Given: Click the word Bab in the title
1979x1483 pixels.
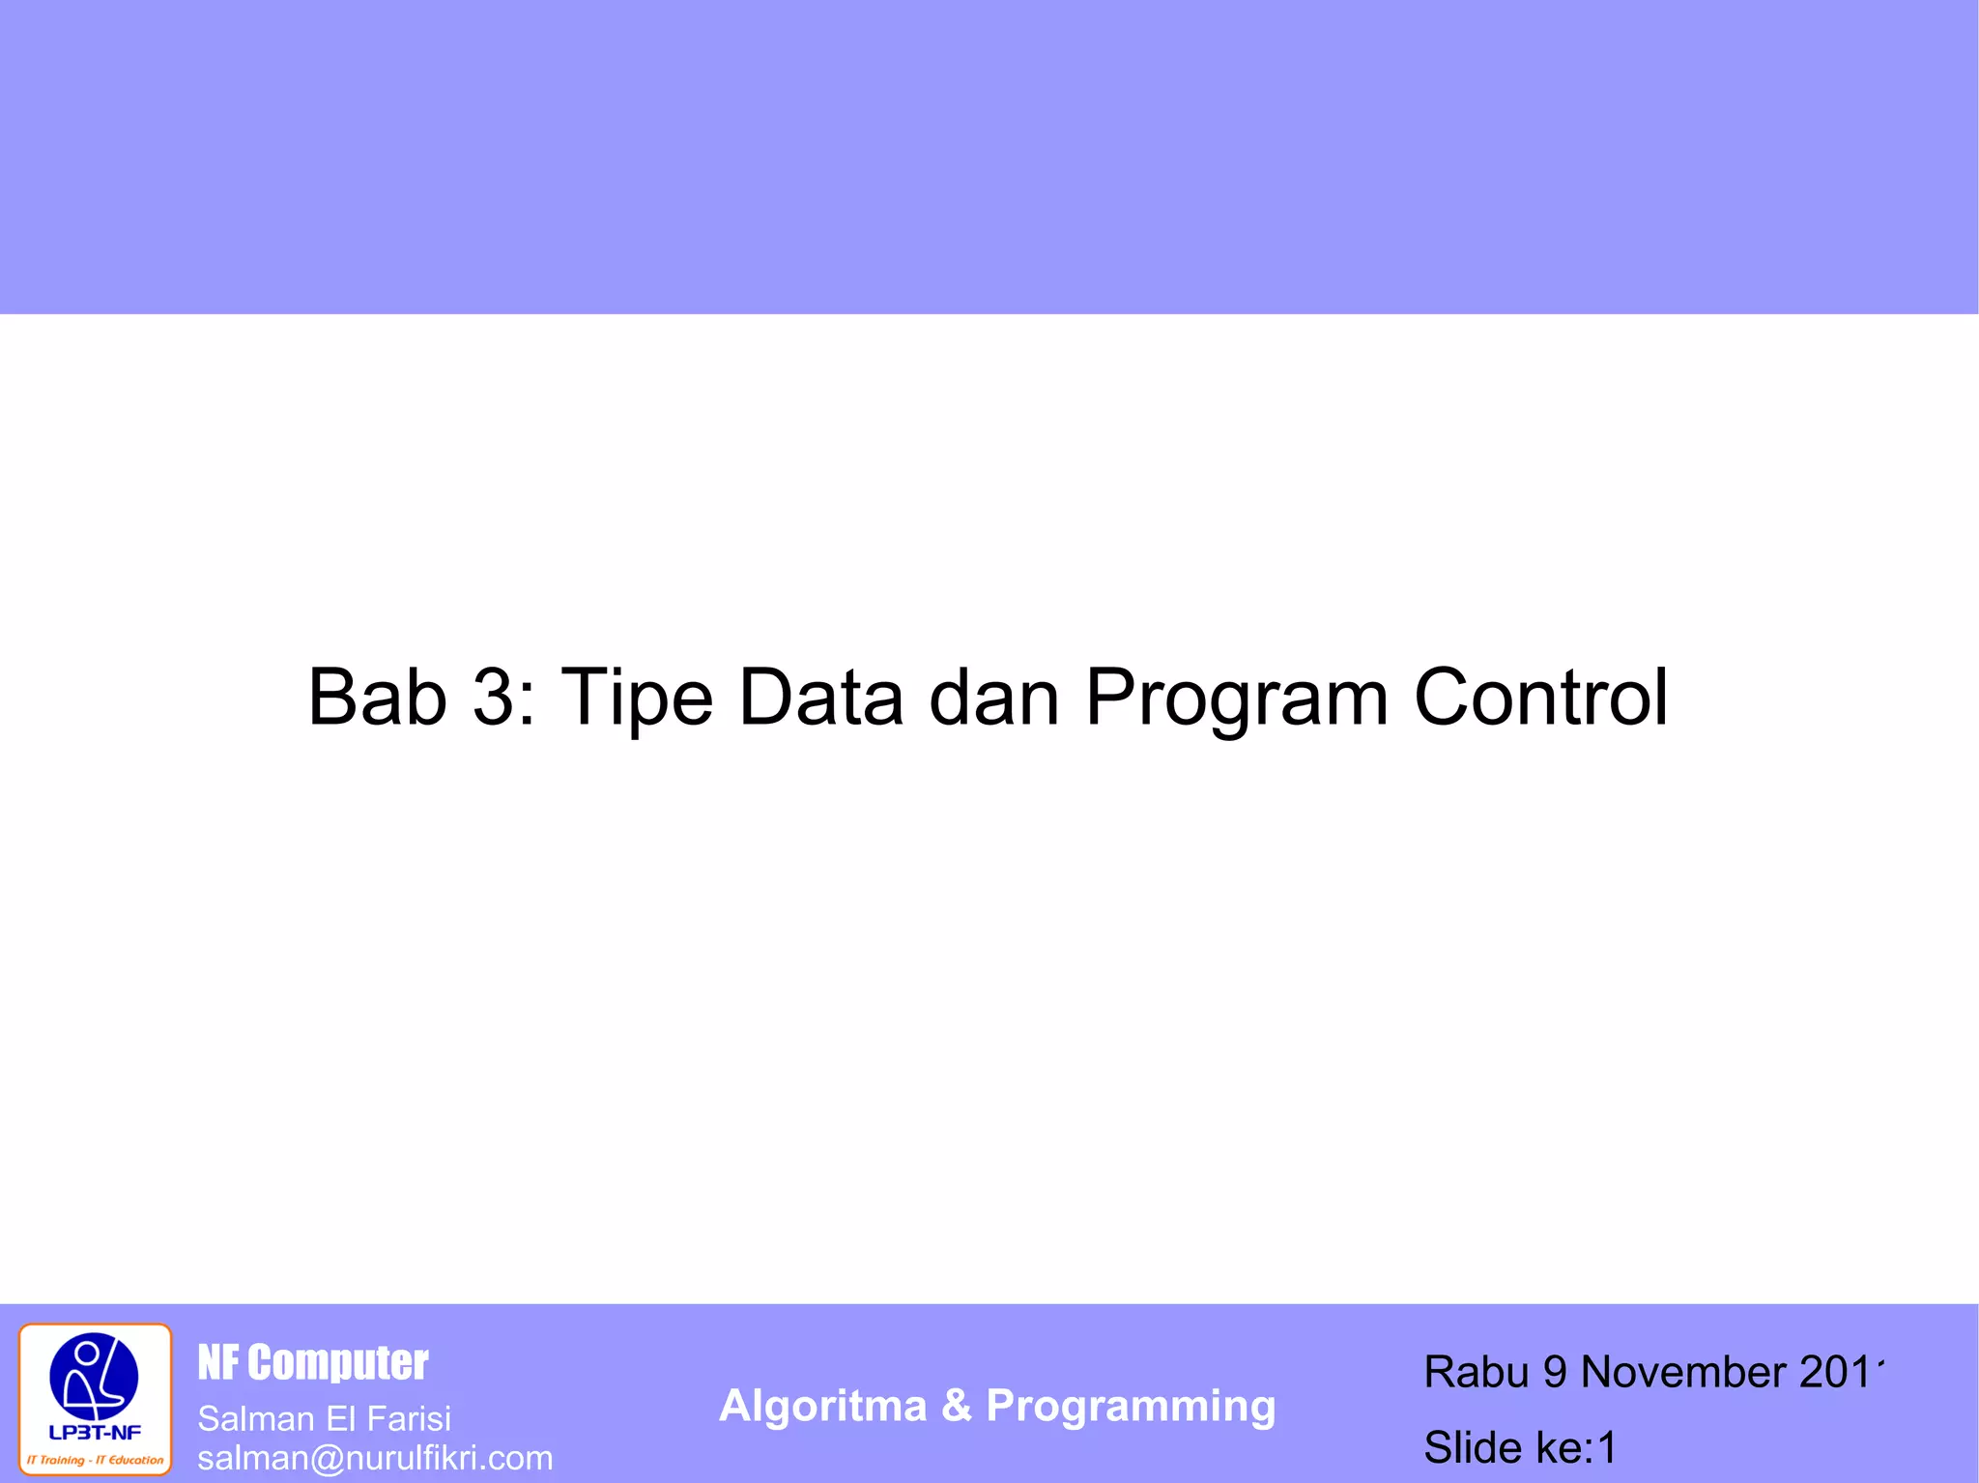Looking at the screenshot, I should pyautogui.click(x=377, y=697).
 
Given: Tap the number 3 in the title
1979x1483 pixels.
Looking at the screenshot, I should pyautogui.click(x=494, y=697).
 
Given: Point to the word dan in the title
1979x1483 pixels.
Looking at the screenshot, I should pyautogui.click(x=994, y=697).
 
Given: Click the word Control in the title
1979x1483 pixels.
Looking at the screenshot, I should pyautogui.click(x=1541, y=697).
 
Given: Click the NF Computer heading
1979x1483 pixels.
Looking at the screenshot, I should pyautogui.click(x=313, y=1363).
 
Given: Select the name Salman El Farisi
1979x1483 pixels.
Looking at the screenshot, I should pyautogui.click(x=325, y=1418).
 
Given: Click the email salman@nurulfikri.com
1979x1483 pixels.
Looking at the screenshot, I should pyautogui.click(x=375, y=1458).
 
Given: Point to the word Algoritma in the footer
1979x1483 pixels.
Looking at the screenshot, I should pyautogui.click(x=822, y=1406).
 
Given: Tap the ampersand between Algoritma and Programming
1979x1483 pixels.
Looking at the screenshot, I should pyautogui.click(x=957, y=1406).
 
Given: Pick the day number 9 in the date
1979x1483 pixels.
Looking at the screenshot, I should pyautogui.click(x=1555, y=1372).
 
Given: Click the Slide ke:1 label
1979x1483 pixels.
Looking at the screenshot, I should pyautogui.click(x=1520, y=1447).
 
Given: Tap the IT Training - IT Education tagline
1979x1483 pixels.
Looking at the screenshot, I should pyautogui.click(x=95, y=1460).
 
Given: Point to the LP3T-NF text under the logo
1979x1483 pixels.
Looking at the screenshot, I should pyautogui.click(x=95, y=1433).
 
